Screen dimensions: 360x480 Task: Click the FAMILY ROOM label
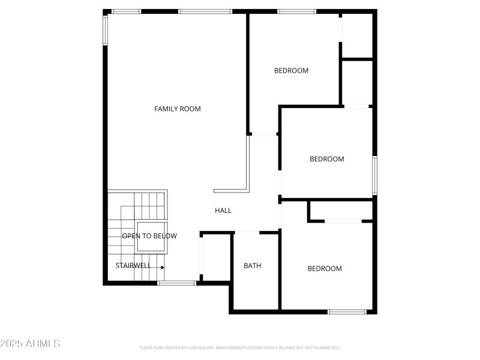click(x=177, y=109)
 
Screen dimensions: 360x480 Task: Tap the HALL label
click(x=223, y=211)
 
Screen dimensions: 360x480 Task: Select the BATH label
click(x=252, y=266)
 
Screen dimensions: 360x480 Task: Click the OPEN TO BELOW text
click(x=149, y=236)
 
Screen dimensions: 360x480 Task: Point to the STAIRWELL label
click(x=133, y=265)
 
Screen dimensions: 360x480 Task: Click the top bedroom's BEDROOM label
click(x=291, y=70)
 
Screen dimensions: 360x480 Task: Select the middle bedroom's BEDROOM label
click(x=326, y=159)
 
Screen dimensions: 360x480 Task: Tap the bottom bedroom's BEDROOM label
click(x=325, y=269)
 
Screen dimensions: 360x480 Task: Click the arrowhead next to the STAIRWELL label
click(x=162, y=267)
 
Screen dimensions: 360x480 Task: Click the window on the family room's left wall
click(x=105, y=30)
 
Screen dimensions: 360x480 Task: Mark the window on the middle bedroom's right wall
click(x=374, y=175)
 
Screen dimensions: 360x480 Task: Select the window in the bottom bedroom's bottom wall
click(x=347, y=311)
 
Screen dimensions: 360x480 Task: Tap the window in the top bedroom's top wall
click(x=296, y=11)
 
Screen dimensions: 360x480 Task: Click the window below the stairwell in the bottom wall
click(x=176, y=283)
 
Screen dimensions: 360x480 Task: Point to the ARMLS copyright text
click(x=30, y=344)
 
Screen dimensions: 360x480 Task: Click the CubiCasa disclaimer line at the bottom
click(x=240, y=347)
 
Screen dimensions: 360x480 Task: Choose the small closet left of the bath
click(x=216, y=256)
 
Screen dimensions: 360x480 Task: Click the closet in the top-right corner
click(x=358, y=35)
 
